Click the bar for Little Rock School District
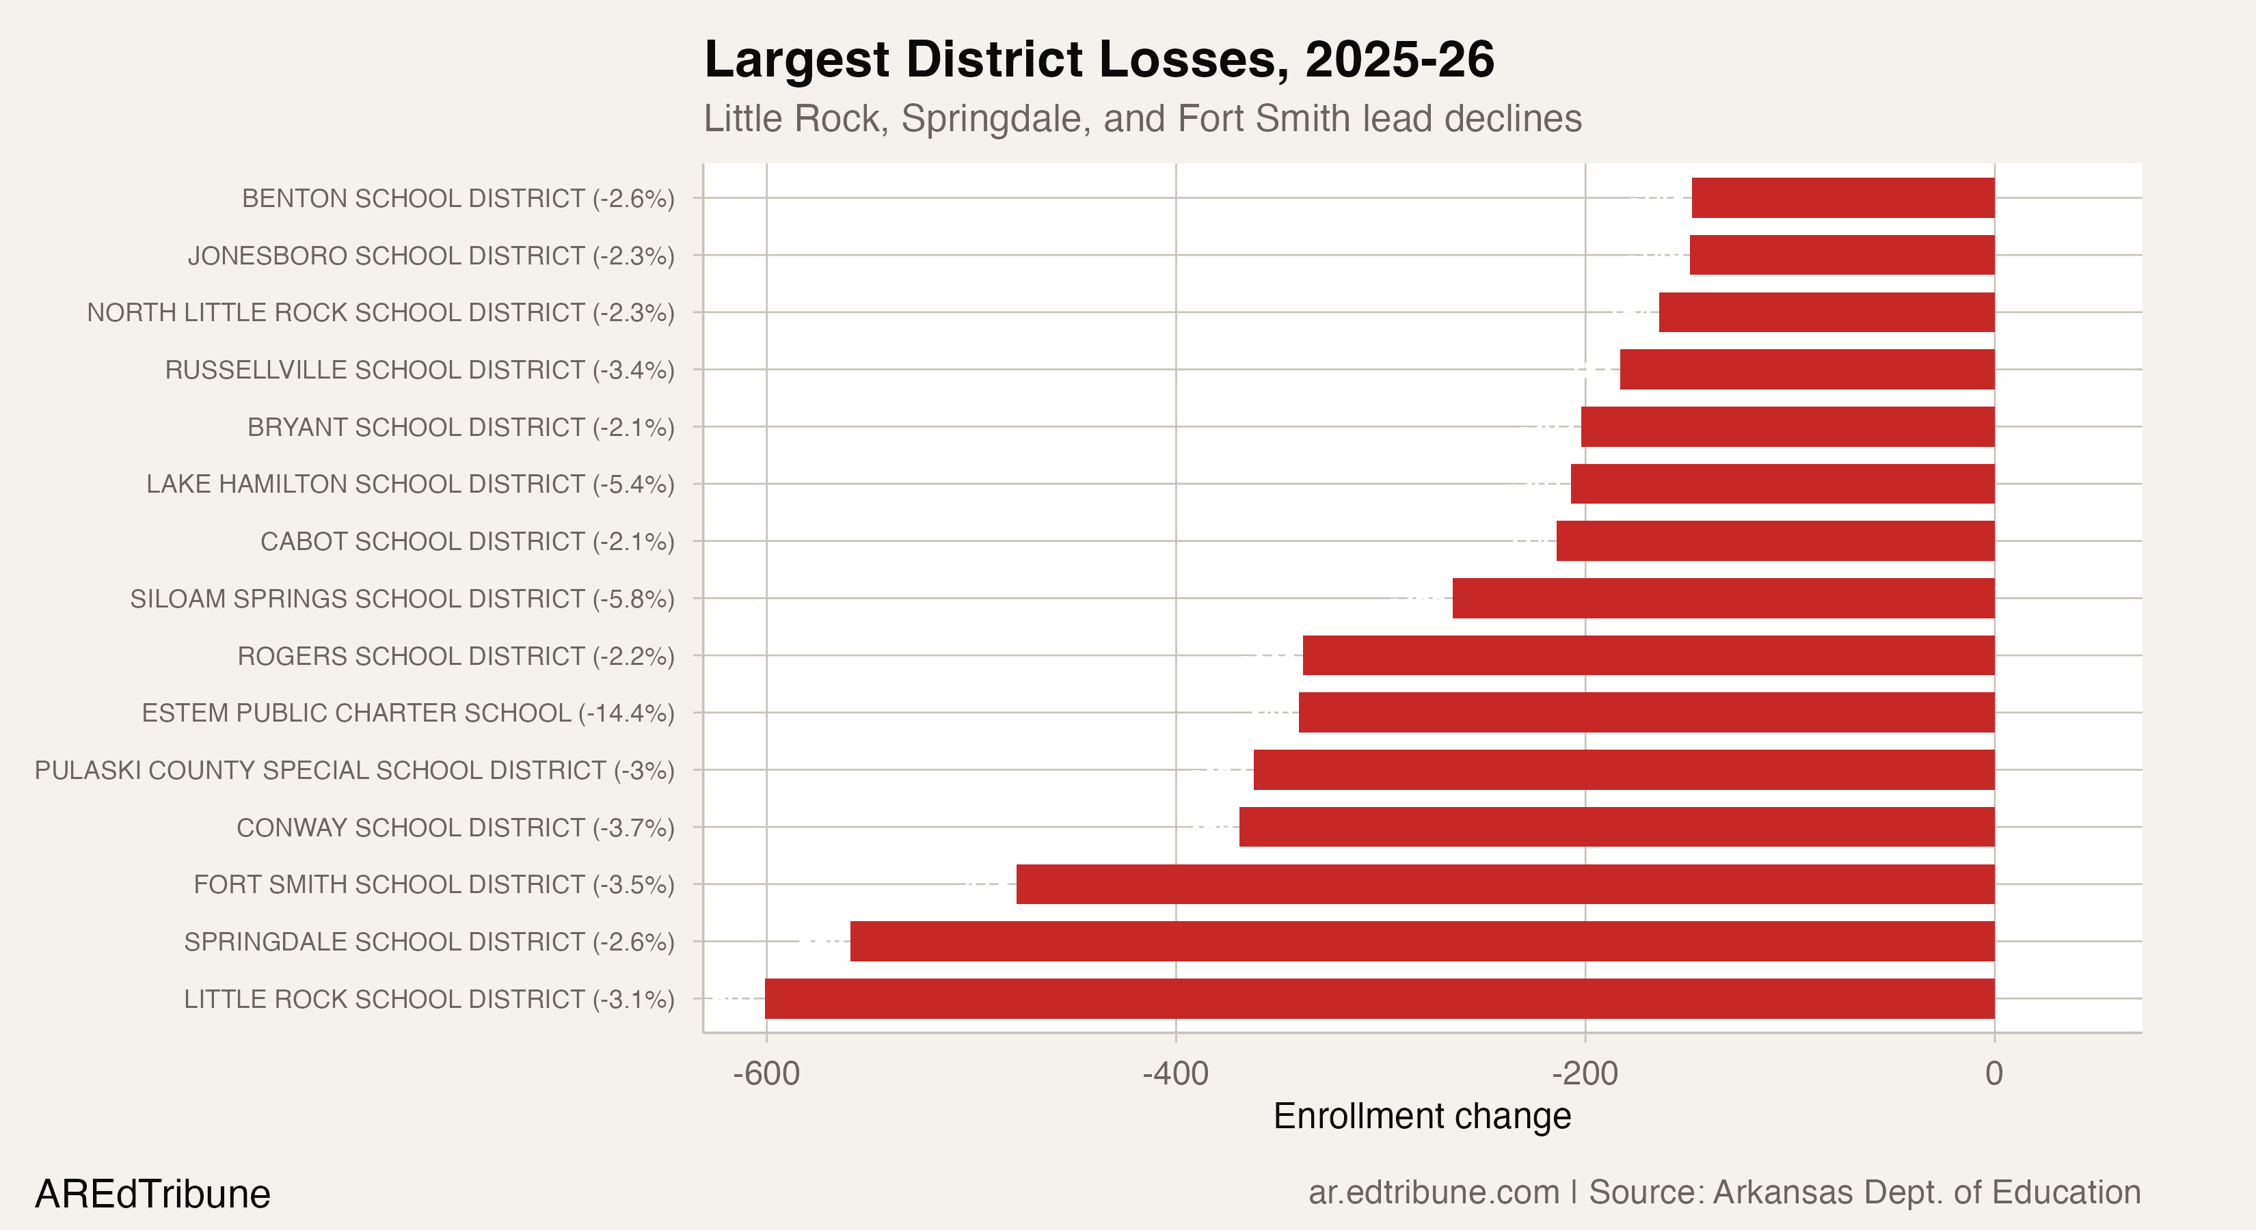[1380, 998]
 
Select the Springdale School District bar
[1422, 941]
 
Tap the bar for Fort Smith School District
[1505, 884]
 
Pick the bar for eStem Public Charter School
[1646, 713]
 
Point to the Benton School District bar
[1842, 198]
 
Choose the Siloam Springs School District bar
[1723, 598]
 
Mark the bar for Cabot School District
[1775, 541]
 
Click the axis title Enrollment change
[1422, 1116]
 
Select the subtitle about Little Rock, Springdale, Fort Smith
[1142, 119]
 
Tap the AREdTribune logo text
[152, 1194]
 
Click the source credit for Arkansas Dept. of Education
[1723, 1192]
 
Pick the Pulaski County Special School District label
[355, 770]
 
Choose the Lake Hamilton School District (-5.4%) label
[410, 484]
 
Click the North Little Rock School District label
[380, 312]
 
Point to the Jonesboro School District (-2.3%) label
[431, 256]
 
